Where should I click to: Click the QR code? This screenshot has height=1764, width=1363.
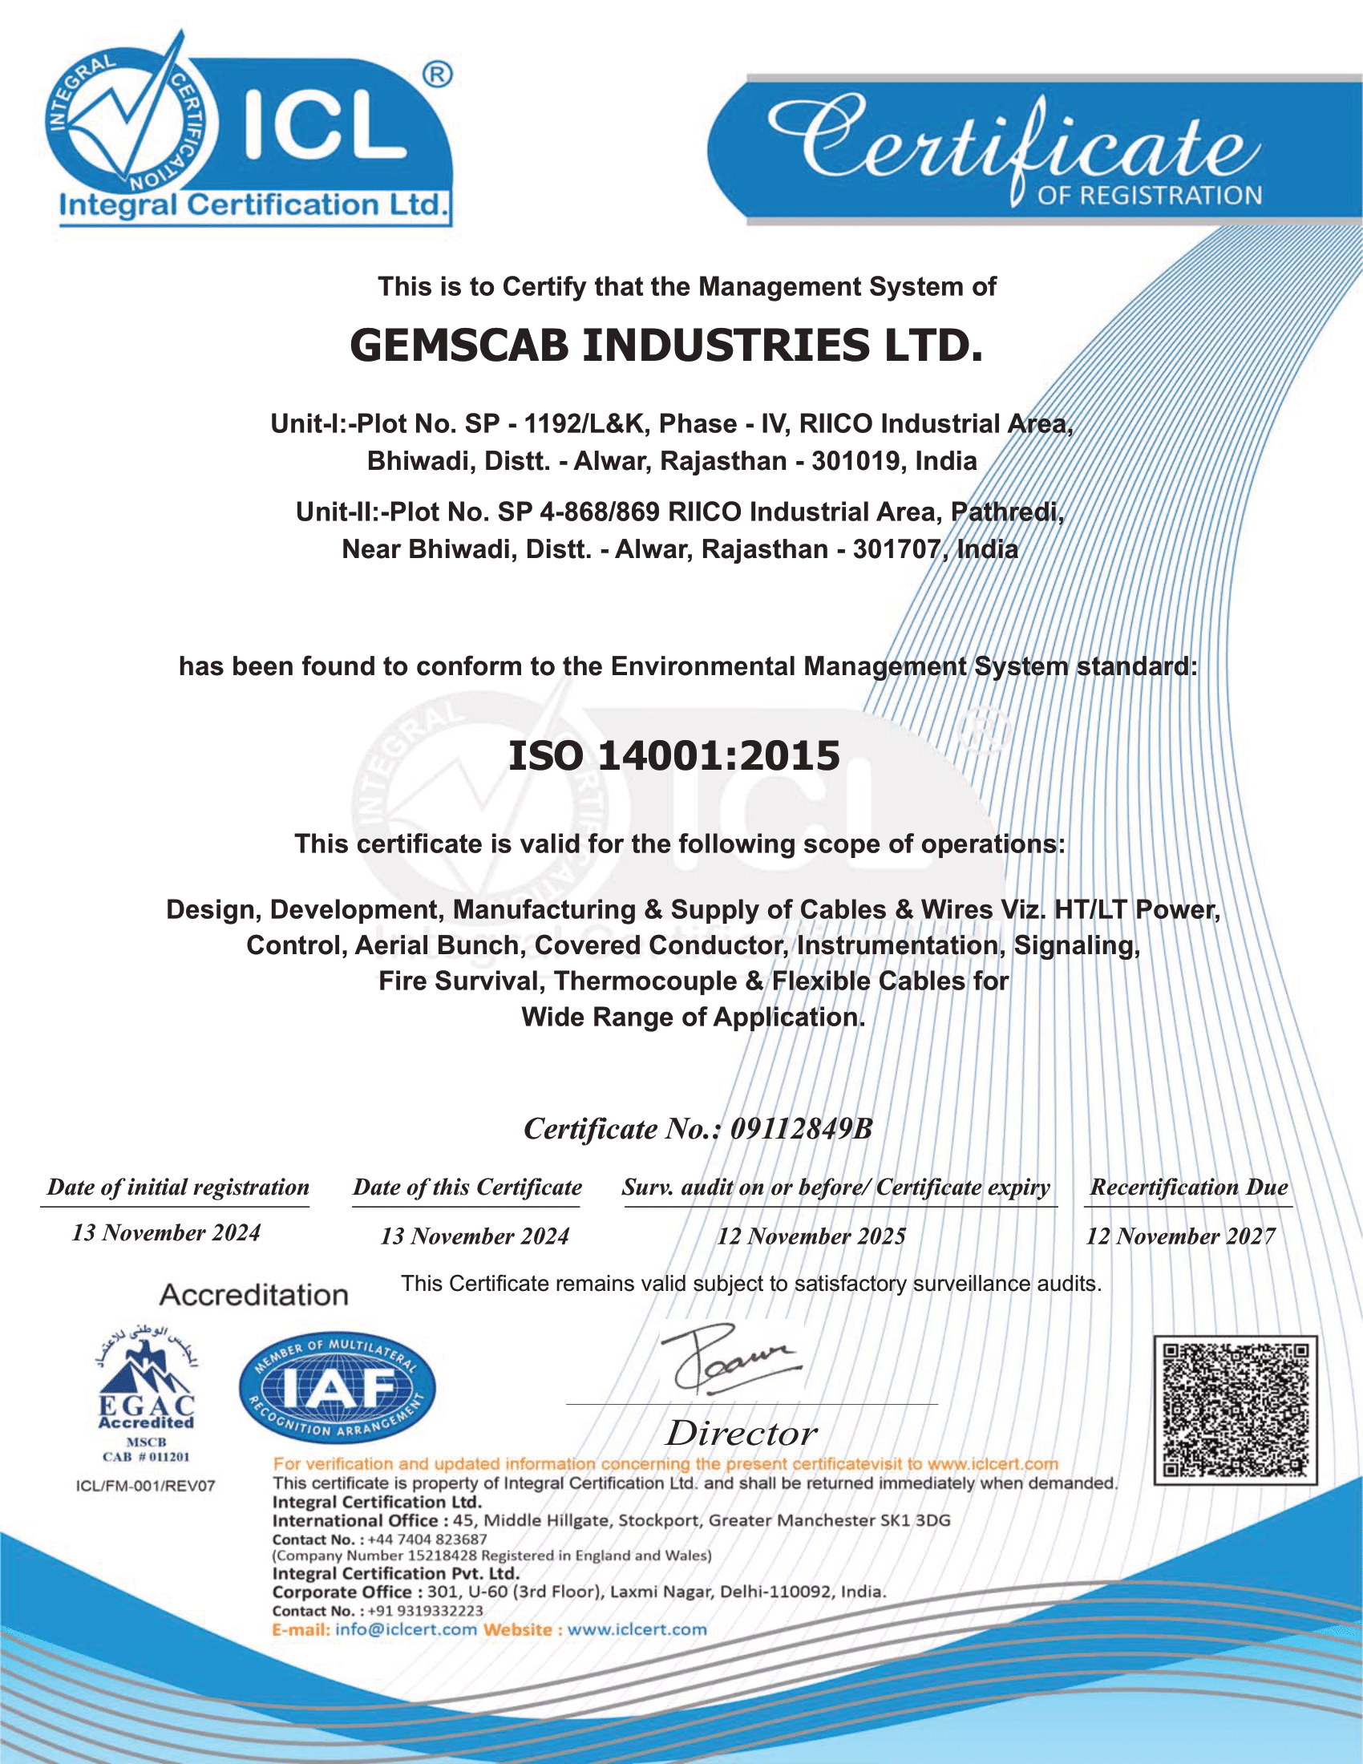[1236, 1410]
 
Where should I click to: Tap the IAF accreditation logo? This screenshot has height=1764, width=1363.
[337, 1388]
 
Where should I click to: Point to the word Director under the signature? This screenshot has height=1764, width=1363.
[742, 1434]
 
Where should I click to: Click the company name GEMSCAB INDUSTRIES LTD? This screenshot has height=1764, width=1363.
[666, 346]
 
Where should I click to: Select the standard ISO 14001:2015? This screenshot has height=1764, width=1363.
[674, 756]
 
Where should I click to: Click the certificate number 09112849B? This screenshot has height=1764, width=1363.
[801, 1129]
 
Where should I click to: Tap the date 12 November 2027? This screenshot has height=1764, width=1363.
[1180, 1236]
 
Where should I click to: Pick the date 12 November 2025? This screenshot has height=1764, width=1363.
[811, 1236]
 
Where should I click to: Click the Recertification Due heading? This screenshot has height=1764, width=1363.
[1188, 1187]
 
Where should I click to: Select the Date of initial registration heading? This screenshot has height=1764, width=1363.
[178, 1187]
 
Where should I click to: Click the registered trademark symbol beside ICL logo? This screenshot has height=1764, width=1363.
[437, 75]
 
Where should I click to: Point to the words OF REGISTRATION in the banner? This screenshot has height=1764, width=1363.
[1149, 196]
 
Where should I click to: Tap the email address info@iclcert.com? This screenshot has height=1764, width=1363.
[406, 1630]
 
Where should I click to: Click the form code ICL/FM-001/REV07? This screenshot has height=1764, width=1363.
[145, 1486]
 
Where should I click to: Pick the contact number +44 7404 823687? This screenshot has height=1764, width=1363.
[427, 1539]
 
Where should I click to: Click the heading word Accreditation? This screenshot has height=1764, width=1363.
[253, 1296]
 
